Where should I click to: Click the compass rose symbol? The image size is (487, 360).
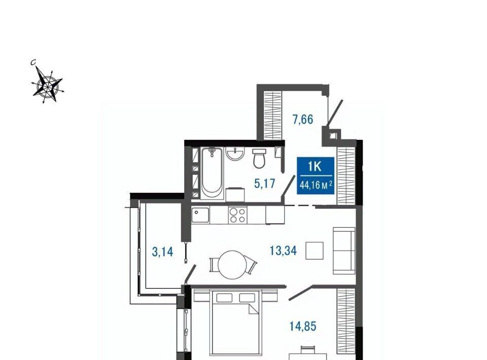click(x=48, y=84)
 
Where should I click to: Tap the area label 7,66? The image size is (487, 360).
click(x=303, y=119)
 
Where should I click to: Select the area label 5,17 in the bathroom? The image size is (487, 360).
click(x=265, y=184)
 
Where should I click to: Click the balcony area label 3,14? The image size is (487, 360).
click(x=162, y=251)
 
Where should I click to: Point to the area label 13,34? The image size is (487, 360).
click(x=283, y=250)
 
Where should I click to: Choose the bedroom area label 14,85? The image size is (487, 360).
click(x=303, y=326)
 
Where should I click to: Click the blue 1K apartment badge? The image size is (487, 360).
click(x=316, y=175)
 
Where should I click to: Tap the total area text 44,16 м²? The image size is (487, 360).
click(x=316, y=186)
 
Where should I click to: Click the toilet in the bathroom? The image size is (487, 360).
click(x=259, y=158)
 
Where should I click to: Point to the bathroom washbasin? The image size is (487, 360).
click(x=235, y=154)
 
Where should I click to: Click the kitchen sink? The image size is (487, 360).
click(x=200, y=215)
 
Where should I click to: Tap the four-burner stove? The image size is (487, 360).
click(x=237, y=215)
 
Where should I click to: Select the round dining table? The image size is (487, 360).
click(x=232, y=265)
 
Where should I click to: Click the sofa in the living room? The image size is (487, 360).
click(x=344, y=251)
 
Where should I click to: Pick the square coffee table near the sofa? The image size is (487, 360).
click(x=315, y=250)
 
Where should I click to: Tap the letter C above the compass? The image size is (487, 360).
click(x=33, y=63)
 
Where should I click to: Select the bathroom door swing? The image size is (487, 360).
click(x=288, y=186)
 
